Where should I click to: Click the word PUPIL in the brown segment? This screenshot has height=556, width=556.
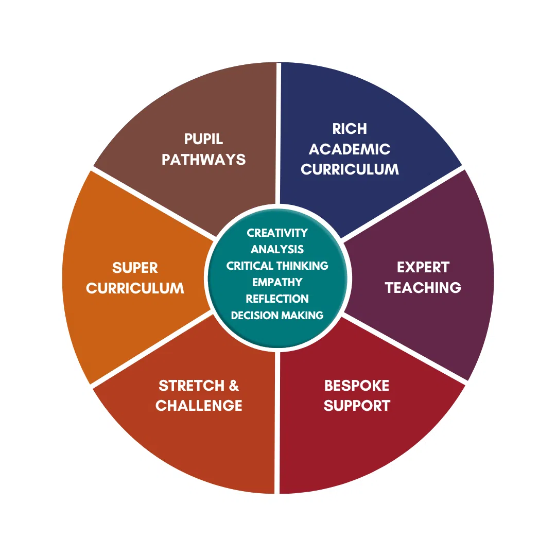click(x=203, y=140)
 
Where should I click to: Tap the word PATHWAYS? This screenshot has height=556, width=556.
click(x=203, y=160)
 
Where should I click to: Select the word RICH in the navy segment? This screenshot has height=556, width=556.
click(x=350, y=129)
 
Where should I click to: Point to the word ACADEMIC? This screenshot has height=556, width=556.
click(x=350, y=149)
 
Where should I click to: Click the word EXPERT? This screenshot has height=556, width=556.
click(x=423, y=267)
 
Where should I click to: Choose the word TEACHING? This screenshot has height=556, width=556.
click(x=423, y=287)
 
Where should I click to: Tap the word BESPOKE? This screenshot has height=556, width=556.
click(x=356, y=386)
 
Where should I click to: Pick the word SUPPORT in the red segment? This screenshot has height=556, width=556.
click(x=356, y=406)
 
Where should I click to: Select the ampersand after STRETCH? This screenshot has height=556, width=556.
click(x=233, y=386)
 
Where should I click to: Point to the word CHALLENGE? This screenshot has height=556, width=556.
click(x=199, y=406)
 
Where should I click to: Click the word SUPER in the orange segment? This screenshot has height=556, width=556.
click(x=135, y=268)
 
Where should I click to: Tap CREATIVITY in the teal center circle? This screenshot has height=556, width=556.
click(x=277, y=233)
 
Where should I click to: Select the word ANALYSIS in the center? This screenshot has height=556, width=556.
click(x=277, y=249)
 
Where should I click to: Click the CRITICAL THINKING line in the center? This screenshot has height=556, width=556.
click(x=277, y=266)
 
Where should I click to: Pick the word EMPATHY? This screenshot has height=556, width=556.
click(x=277, y=282)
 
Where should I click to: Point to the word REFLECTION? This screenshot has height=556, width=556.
click(x=277, y=299)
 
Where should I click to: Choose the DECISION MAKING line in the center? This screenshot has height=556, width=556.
click(x=277, y=315)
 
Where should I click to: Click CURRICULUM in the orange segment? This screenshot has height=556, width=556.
click(x=135, y=288)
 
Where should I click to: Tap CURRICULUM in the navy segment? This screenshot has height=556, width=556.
click(x=350, y=169)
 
